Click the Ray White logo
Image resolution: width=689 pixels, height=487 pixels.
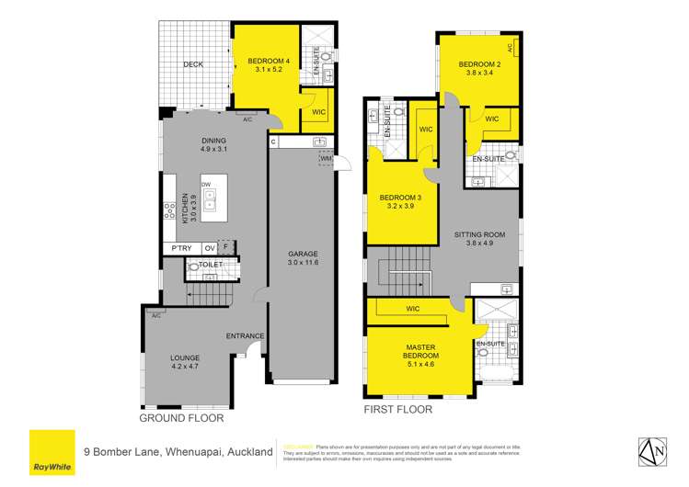click(x=52, y=452)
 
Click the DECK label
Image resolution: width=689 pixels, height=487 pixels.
click(x=192, y=64)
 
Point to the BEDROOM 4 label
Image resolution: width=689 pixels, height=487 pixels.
click(x=269, y=62)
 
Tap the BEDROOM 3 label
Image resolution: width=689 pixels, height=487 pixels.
click(x=398, y=198)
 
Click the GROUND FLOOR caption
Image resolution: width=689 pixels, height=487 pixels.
click(x=181, y=418)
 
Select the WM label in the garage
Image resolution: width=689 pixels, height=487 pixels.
click(x=326, y=159)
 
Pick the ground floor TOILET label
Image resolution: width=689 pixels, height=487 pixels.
click(x=211, y=265)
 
